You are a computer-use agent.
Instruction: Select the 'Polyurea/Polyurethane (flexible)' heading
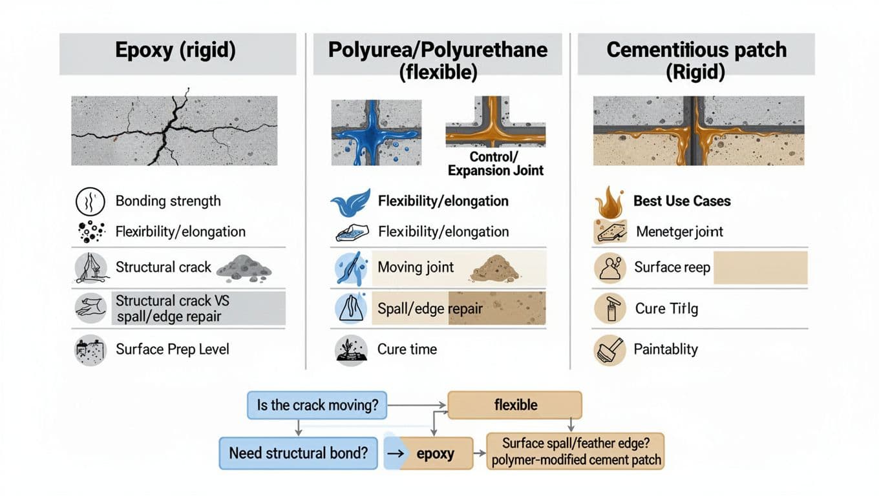pos(438,61)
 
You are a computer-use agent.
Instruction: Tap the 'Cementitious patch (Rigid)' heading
pos(696,61)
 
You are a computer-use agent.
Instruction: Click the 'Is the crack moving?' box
pos(317,406)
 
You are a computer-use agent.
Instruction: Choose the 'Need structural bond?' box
pos(298,453)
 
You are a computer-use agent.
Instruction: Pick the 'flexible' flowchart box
pos(515,405)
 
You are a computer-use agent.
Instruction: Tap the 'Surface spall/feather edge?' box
pos(575,451)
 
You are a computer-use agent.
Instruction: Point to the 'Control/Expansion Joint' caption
pos(496,164)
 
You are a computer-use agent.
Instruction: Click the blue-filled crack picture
pos(368,131)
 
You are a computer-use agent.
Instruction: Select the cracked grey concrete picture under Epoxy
pos(174,130)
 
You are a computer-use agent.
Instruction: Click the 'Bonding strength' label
pos(168,201)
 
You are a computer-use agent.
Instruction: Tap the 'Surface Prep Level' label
pos(173,349)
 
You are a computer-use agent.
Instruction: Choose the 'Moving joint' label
pos(416,267)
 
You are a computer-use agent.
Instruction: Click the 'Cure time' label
pos(407,349)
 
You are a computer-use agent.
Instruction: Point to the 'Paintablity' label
pos(666,349)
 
